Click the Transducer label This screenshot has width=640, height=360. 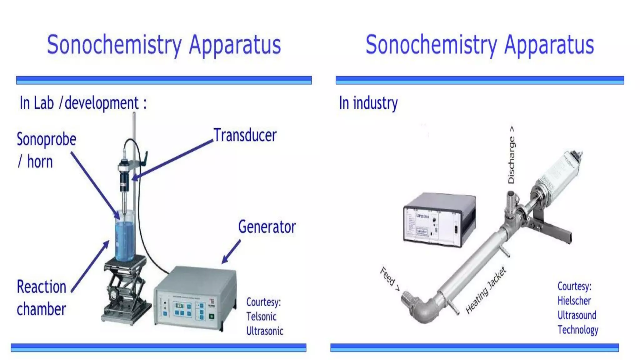[x=245, y=136]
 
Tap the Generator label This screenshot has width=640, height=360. [x=267, y=227]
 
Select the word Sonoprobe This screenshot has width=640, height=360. [x=47, y=139]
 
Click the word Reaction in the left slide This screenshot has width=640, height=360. [x=42, y=287]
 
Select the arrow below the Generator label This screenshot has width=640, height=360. [x=231, y=252]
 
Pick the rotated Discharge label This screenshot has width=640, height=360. [x=511, y=155]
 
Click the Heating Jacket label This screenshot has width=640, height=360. [x=485, y=290]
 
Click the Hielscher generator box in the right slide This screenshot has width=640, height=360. [x=439, y=220]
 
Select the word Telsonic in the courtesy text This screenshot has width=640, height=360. [x=261, y=317]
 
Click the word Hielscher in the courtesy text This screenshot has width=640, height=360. [x=574, y=301]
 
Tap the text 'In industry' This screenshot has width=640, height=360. [x=368, y=103]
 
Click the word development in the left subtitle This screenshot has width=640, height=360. [x=102, y=103]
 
